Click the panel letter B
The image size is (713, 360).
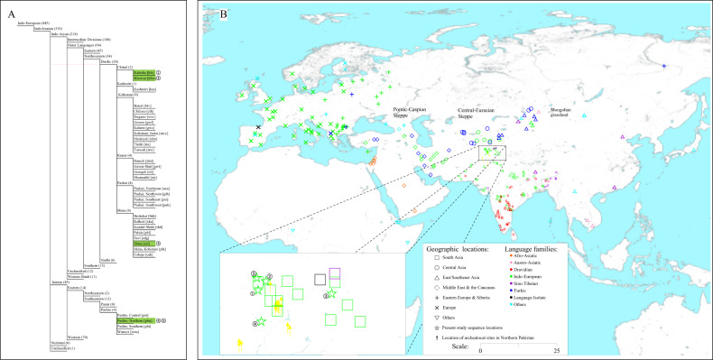(x=210, y=13)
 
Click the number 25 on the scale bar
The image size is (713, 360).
(x=557, y=348)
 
